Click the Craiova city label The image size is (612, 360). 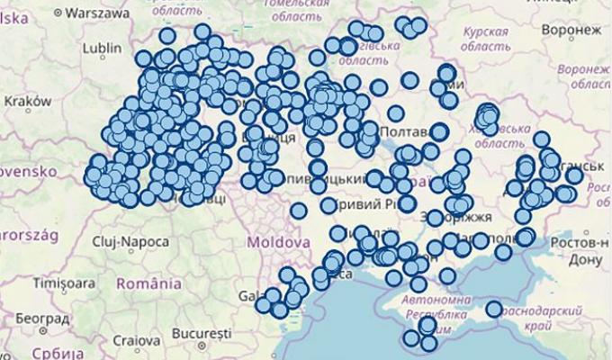(138, 342)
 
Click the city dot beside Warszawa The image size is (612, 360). (58, 13)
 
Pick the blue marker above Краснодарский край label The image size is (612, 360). (493, 309)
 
